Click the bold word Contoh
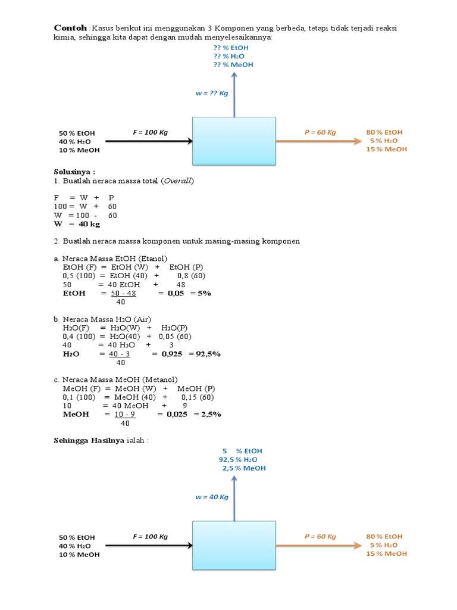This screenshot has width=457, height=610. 70,28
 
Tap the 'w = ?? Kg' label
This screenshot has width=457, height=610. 212,93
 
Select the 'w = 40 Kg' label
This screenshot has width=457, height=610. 212,496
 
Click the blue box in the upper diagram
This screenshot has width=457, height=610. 234,141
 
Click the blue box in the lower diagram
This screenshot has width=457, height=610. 234,545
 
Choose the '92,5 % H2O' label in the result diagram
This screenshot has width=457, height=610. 238,460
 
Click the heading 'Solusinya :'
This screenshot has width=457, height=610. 74,172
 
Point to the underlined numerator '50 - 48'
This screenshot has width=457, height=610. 124,293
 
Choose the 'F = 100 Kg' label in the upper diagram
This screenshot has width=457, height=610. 151,132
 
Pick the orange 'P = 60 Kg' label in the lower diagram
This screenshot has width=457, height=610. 320,536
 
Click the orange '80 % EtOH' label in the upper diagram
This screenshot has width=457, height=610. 384,132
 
